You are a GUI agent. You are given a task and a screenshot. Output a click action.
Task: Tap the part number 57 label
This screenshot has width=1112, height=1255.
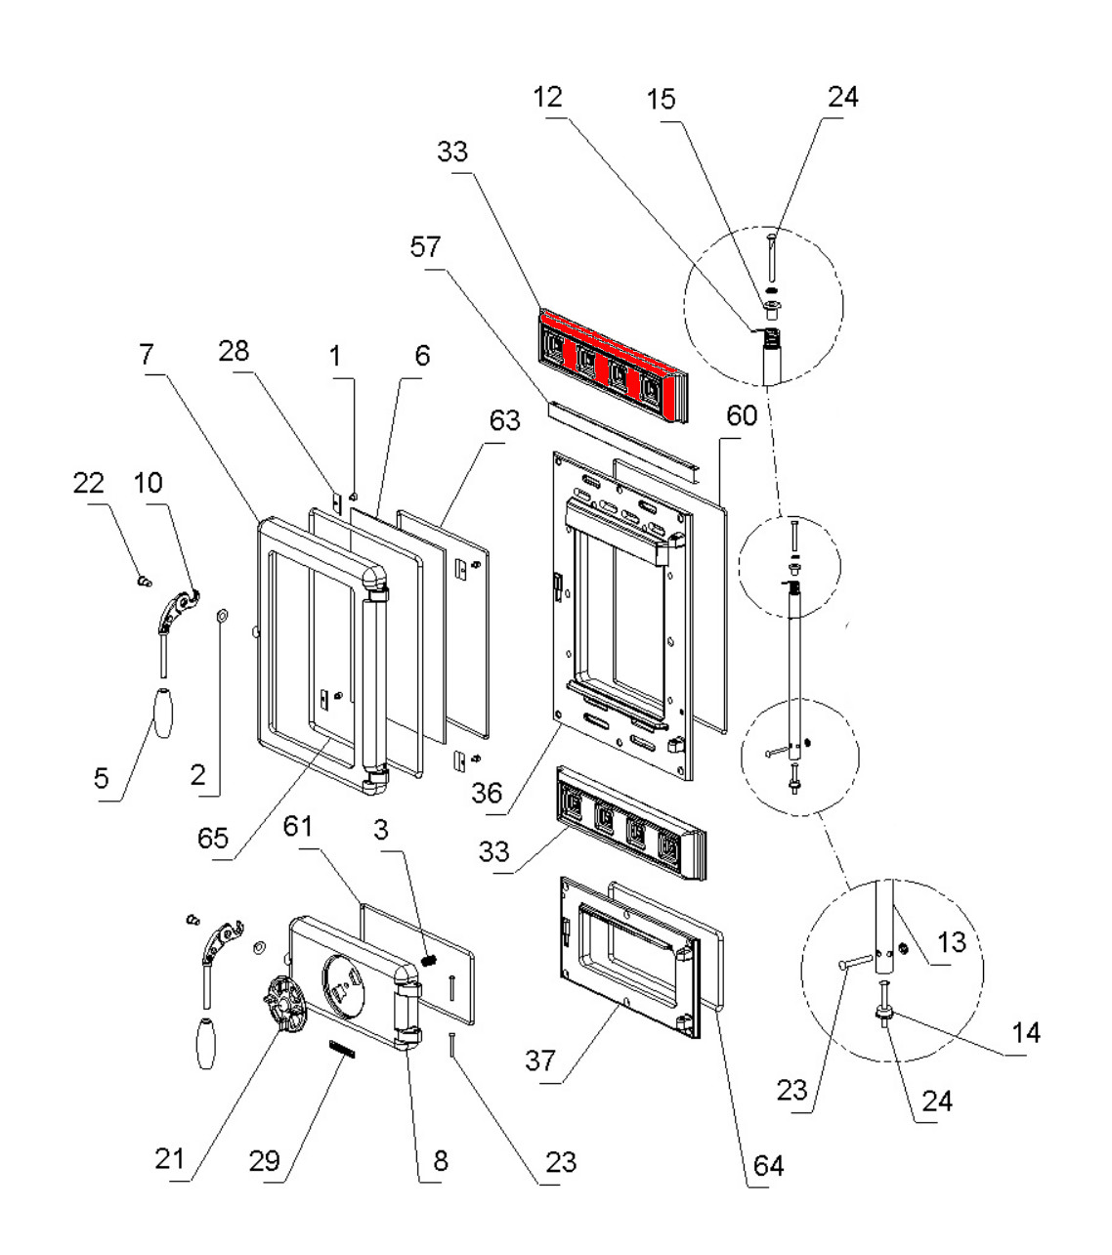click(x=424, y=248)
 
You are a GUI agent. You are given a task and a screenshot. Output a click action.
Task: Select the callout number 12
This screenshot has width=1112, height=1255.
click(x=549, y=97)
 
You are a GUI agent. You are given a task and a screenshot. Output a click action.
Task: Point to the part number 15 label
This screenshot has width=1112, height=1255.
click(x=661, y=99)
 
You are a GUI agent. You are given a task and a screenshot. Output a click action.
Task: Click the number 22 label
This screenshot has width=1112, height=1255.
click(x=89, y=483)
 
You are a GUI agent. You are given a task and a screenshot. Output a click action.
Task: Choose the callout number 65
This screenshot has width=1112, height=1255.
click(x=213, y=838)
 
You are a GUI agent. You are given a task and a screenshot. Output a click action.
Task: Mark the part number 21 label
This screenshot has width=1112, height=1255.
click(x=169, y=1159)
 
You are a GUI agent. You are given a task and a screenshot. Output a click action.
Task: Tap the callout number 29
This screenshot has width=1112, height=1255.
click(x=264, y=1161)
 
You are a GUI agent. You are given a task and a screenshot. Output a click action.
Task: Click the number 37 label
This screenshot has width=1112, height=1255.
click(x=540, y=1060)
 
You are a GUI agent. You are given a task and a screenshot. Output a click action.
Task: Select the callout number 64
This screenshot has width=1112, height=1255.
click(x=767, y=1165)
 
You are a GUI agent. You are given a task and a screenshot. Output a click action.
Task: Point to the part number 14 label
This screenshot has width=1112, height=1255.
click(x=1026, y=1032)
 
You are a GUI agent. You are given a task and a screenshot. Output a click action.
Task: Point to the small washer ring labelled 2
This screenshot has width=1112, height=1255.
click(x=221, y=615)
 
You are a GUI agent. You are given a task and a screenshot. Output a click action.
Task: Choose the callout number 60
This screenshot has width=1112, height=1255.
click(x=742, y=416)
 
